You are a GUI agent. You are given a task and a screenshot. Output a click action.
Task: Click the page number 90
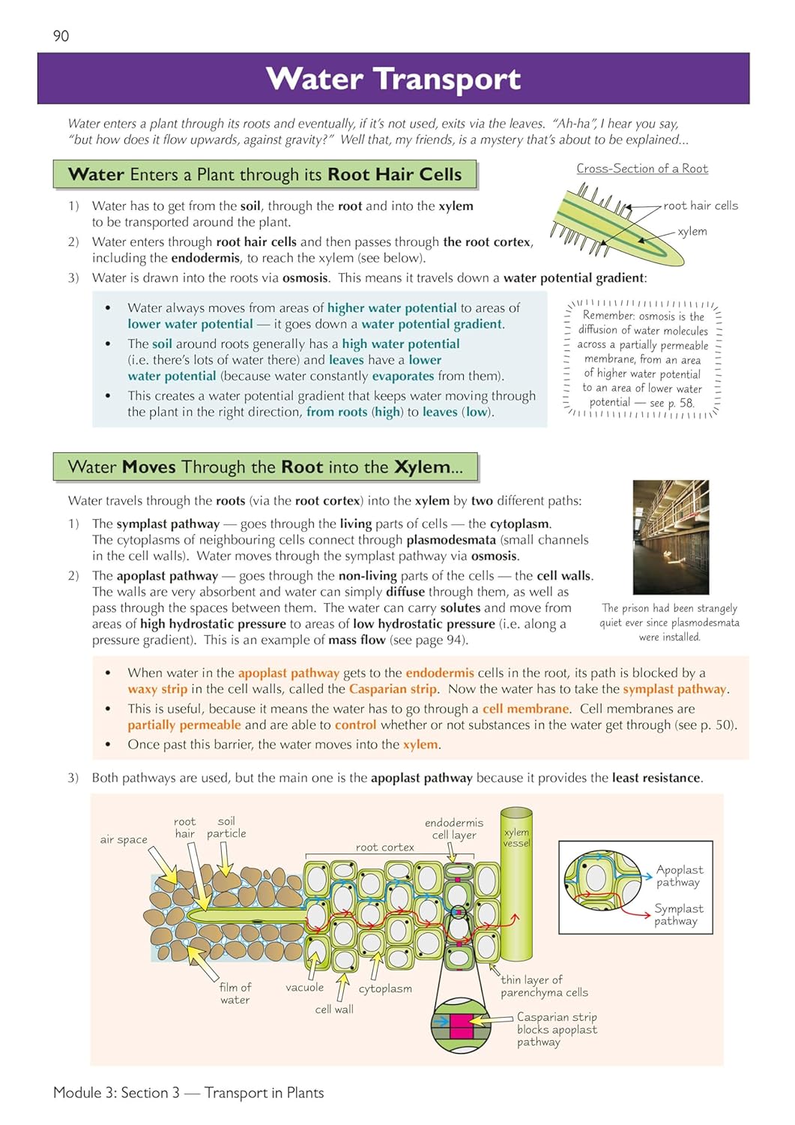[61, 36]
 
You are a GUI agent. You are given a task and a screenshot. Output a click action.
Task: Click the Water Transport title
[393, 79]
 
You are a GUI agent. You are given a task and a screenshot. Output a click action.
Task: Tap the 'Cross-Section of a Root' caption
[641, 169]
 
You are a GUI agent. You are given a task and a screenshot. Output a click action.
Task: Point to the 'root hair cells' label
[700, 205]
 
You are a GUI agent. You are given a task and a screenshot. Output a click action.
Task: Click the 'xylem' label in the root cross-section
[692, 232]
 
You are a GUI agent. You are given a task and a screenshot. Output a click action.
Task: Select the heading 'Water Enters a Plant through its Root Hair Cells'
[265, 175]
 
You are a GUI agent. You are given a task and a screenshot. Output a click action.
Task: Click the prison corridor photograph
[670, 537]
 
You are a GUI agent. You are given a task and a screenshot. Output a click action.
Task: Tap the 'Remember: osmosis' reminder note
[642, 359]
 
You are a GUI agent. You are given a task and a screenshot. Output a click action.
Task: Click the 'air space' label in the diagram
[124, 840]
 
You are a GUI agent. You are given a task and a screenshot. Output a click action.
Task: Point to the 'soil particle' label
[226, 827]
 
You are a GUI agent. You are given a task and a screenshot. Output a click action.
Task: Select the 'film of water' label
[235, 994]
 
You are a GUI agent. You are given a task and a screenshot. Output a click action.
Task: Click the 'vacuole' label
[304, 988]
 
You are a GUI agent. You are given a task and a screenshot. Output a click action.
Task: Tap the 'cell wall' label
[334, 1009]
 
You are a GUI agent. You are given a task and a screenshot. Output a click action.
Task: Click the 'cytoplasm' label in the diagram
[385, 988]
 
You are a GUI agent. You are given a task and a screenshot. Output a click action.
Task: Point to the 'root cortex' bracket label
[384, 847]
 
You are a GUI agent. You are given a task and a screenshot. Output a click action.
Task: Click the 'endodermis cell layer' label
[454, 829]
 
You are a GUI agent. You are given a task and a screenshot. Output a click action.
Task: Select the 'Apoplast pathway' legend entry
[679, 876]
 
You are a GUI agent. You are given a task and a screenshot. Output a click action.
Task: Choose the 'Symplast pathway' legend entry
[678, 914]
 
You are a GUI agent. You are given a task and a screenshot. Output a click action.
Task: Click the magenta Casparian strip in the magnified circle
[460, 1024]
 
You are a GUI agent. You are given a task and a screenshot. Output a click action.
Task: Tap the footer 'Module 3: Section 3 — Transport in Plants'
[189, 1093]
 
